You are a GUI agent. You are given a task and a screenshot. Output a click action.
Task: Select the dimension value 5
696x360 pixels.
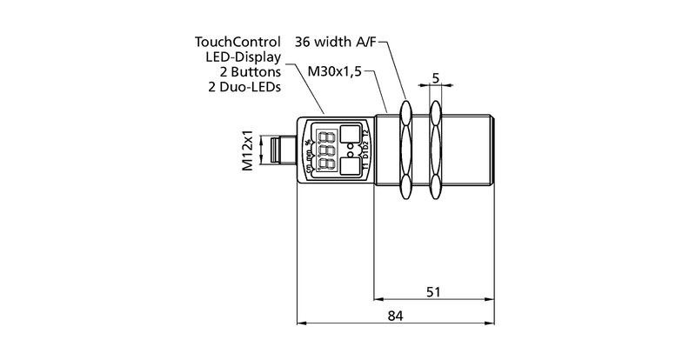point(434,79)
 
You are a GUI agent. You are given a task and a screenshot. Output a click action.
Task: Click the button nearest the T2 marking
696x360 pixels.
point(351,134)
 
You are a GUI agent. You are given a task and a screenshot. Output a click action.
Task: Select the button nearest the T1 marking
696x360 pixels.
point(351,168)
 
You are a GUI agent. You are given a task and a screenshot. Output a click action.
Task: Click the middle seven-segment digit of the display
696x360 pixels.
point(327,150)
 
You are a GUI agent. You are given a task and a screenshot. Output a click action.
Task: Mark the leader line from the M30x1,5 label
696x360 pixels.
point(381,90)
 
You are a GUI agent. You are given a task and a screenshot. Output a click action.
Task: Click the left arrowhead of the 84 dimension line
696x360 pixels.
point(302,323)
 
